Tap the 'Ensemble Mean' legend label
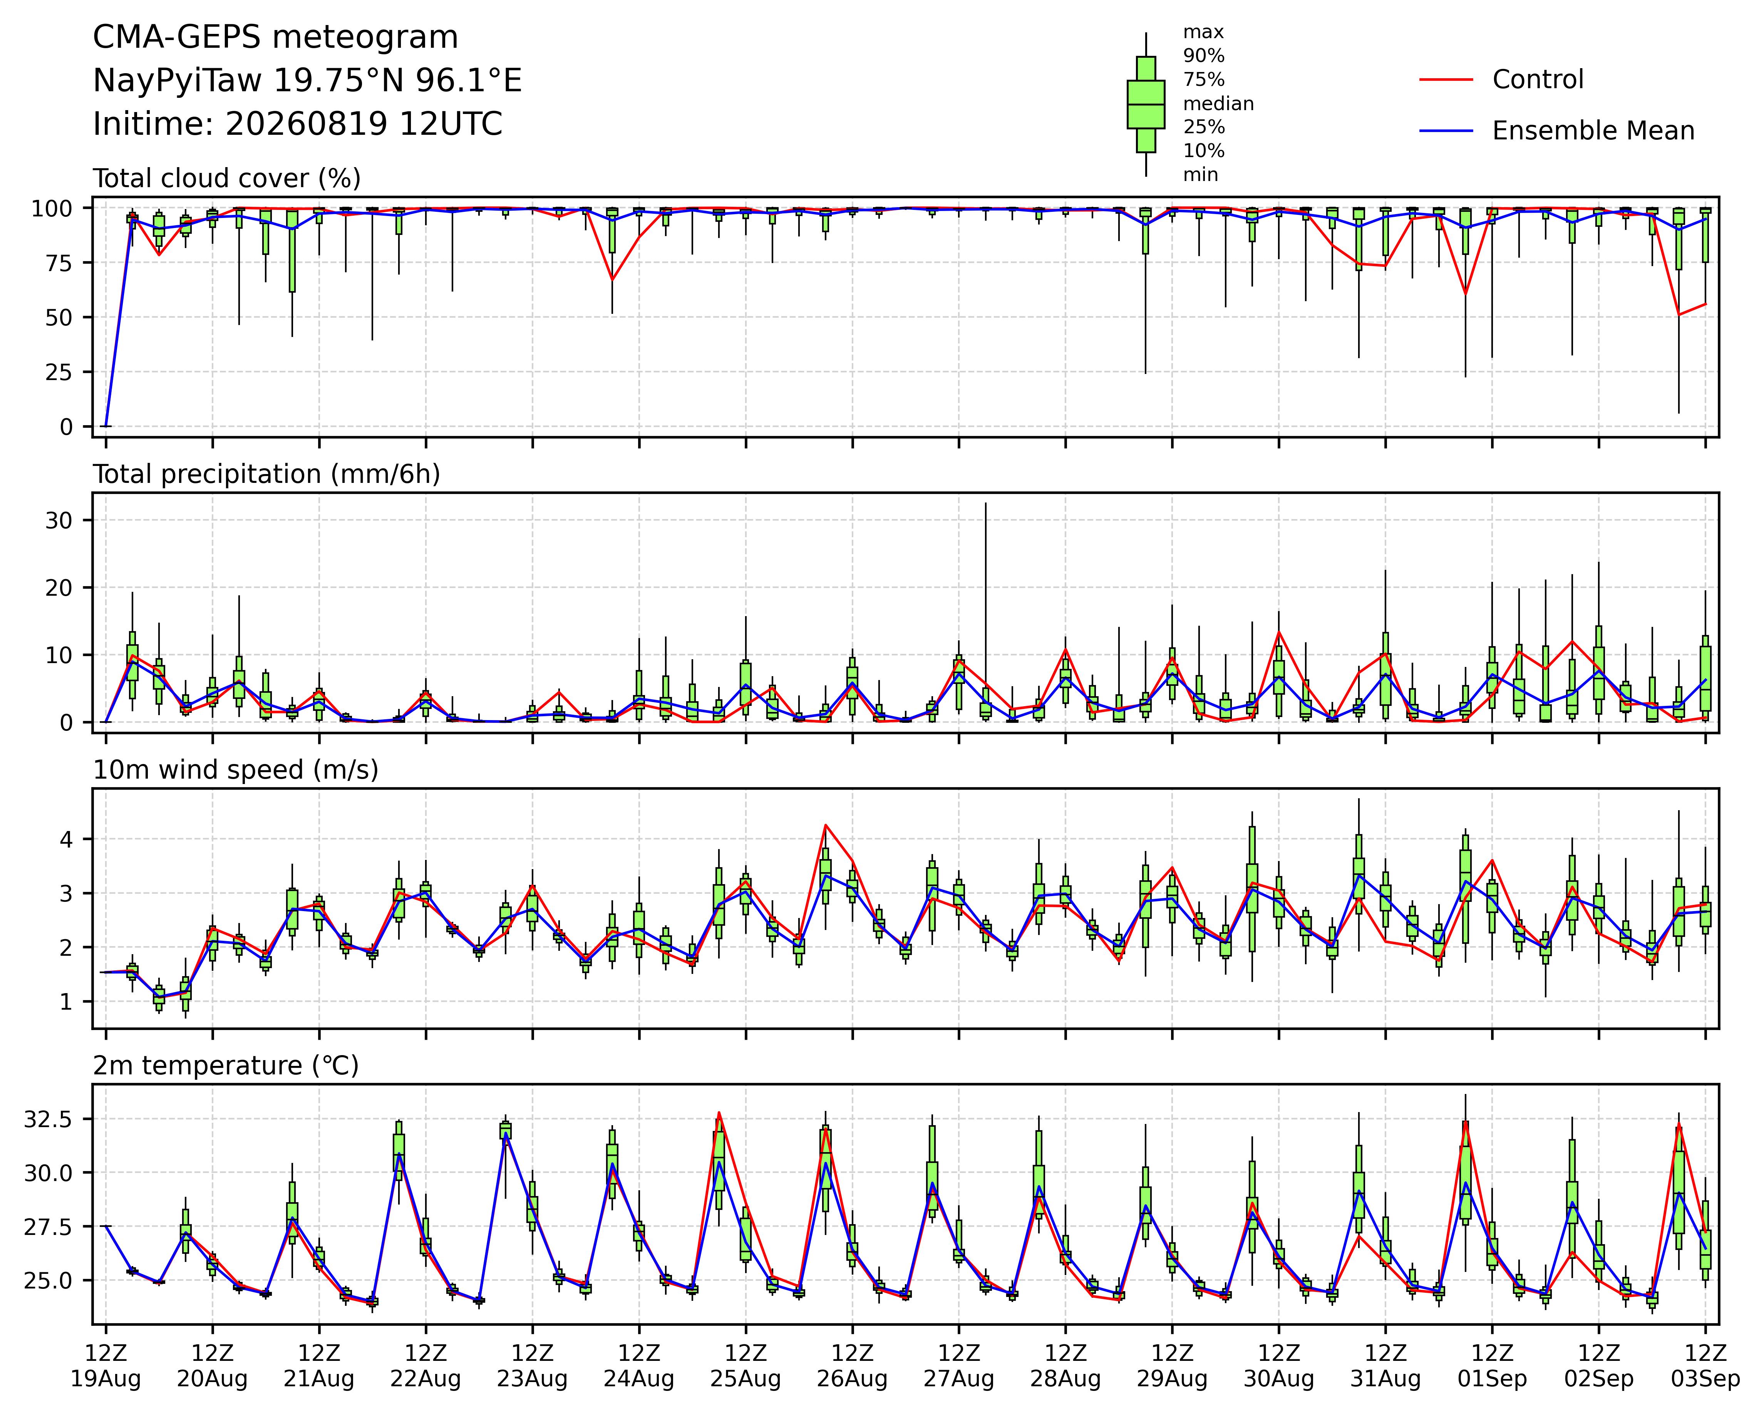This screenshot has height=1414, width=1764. (1593, 131)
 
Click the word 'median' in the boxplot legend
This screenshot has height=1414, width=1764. (1218, 104)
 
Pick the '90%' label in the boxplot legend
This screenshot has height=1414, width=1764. (1204, 57)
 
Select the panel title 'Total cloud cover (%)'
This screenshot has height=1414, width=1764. (227, 178)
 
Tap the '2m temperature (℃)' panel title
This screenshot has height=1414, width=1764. (226, 1066)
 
